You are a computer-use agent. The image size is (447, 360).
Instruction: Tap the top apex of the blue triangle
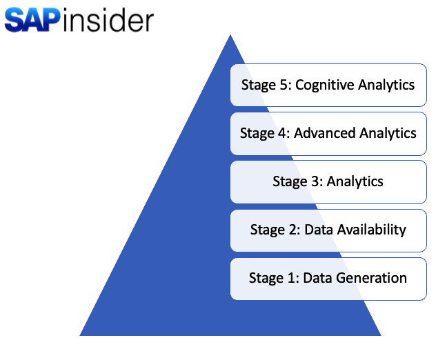(x=230, y=36)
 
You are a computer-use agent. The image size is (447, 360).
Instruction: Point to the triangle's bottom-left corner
(x=81, y=335)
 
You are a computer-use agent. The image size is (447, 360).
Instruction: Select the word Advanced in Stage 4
(x=325, y=133)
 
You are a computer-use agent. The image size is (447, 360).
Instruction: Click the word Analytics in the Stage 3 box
(x=355, y=182)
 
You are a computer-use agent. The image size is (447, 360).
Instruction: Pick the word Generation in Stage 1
(x=371, y=279)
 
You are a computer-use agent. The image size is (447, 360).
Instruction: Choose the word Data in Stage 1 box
(x=318, y=279)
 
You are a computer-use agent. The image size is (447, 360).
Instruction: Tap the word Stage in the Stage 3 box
(x=288, y=182)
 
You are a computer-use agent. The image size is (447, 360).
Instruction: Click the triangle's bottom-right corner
(x=379, y=335)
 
